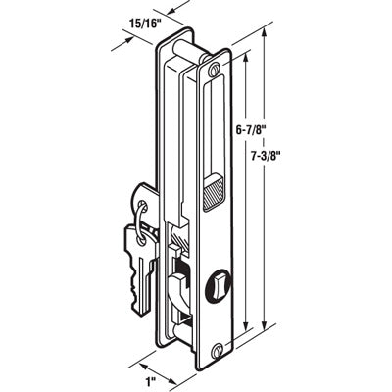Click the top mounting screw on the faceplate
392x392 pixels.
pyautogui.click(x=214, y=71)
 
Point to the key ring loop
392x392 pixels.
pyautogui.click(x=144, y=220)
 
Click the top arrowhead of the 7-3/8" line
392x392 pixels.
pyautogui.click(x=265, y=33)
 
